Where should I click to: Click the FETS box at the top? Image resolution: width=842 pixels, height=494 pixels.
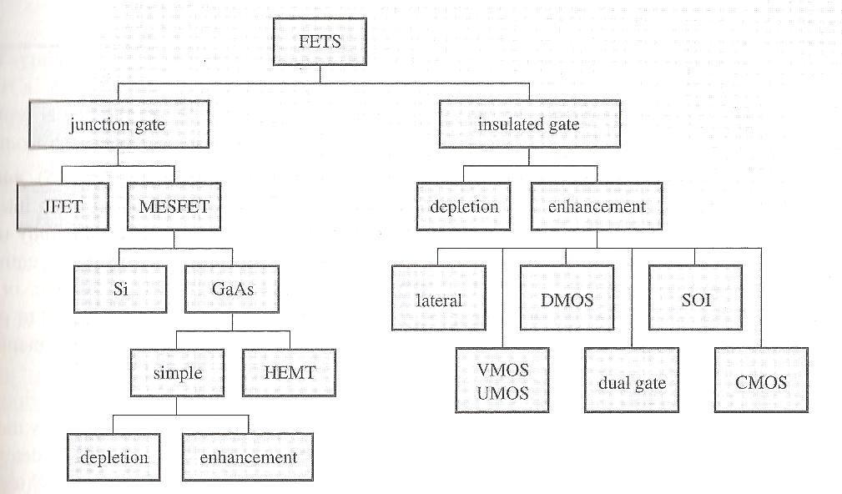(320, 41)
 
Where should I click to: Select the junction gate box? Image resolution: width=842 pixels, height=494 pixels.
(117, 126)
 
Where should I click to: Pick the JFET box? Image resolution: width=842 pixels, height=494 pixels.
(63, 206)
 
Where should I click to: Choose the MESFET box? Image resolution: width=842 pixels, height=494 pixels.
(174, 206)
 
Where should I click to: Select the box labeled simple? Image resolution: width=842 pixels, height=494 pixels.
(177, 372)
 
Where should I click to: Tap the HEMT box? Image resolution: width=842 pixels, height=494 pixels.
(289, 372)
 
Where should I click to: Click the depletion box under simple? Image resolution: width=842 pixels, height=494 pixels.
(114, 457)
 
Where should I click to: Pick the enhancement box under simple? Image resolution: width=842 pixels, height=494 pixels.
(248, 457)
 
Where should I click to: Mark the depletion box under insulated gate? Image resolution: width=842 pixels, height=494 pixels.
(464, 206)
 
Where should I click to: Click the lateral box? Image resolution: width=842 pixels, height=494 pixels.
(438, 300)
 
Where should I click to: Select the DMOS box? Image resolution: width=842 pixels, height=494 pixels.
(567, 299)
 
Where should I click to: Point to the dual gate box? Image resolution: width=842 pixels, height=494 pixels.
(631, 383)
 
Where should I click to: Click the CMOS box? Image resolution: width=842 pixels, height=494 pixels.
(762, 383)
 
